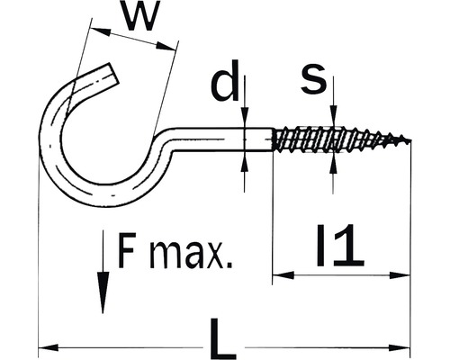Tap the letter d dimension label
coord(225,80)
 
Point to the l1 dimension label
coord(340,246)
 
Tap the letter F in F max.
coord(126,250)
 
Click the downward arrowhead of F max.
coord(103,292)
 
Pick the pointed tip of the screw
coord(409,139)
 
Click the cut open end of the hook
coord(113,74)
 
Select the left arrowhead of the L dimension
coord(48,348)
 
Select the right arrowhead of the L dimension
coord(400,348)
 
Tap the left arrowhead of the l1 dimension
coord(283,274)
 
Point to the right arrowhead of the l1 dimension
coord(400,274)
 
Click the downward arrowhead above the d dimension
coord(245,117)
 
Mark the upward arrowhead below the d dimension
coord(245,162)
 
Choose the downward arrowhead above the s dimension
coord(333,114)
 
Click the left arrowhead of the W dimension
coord(101,31)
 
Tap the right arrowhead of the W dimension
coord(166,46)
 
